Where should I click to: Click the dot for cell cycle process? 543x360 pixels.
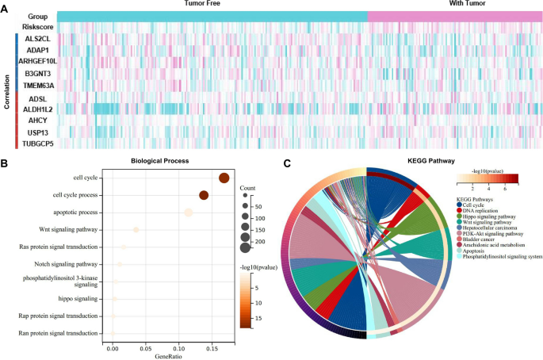coord(204,195)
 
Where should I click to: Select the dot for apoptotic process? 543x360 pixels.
coord(189,213)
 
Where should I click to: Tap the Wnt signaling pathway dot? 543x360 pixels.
coord(136,230)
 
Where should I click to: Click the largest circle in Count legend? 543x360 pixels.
coord(246,247)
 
